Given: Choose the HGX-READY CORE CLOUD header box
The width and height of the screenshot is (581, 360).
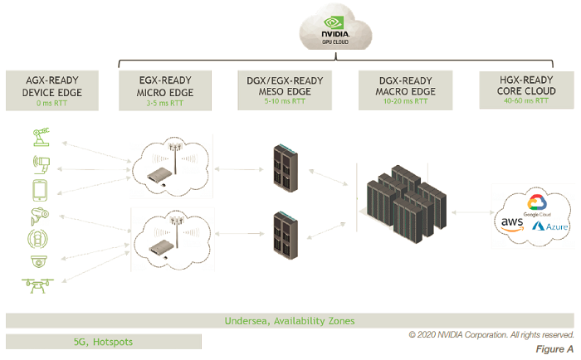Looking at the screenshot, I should click(x=526, y=90).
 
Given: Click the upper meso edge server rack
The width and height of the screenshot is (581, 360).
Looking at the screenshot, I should click(x=285, y=167).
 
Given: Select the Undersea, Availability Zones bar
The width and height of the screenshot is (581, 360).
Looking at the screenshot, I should click(x=290, y=320).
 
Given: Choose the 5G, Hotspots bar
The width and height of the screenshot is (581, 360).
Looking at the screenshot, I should click(x=103, y=341).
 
